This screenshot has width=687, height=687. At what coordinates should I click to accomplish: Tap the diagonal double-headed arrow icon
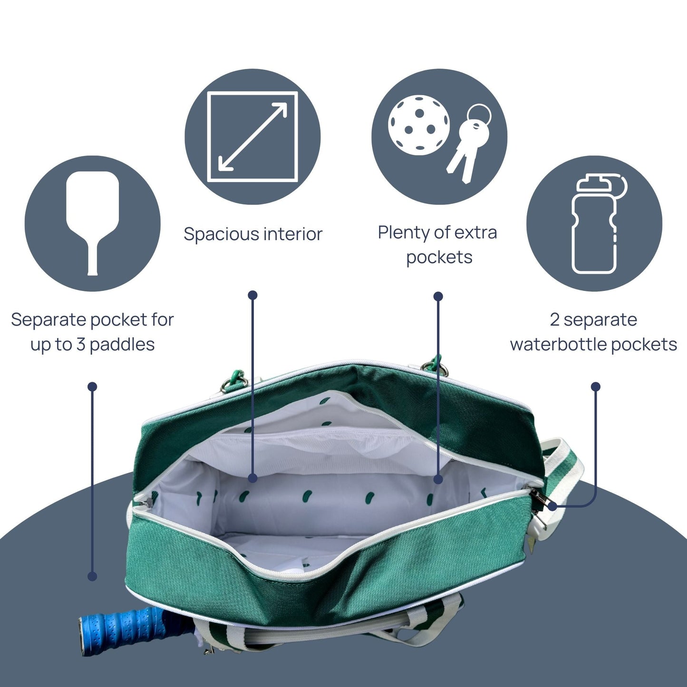(x=252, y=137)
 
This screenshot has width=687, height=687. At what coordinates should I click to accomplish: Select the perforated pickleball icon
(x=418, y=124)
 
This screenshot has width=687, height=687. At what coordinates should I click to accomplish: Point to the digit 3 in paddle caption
(x=80, y=344)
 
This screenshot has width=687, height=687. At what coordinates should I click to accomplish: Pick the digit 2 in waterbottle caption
(x=554, y=319)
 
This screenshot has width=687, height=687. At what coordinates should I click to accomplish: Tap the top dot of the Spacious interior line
(x=253, y=295)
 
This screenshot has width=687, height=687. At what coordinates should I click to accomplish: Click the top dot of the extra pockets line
(x=438, y=297)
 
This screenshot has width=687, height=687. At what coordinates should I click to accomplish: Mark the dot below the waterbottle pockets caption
(x=595, y=387)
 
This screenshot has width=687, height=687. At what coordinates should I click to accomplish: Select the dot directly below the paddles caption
(x=93, y=387)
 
